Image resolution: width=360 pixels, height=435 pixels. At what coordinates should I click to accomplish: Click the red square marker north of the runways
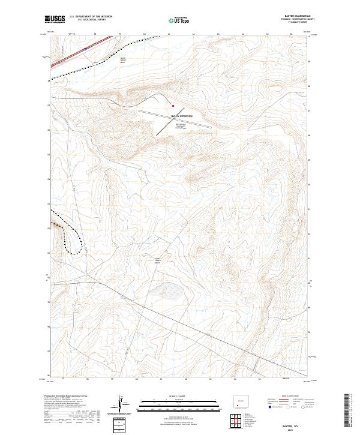pyautogui.click(x=173, y=106)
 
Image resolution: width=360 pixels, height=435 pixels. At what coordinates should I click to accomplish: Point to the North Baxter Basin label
pyautogui.click(x=124, y=60)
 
